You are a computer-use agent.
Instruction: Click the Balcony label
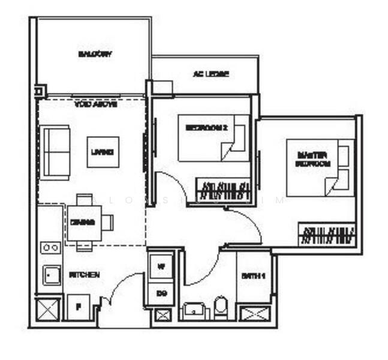95,54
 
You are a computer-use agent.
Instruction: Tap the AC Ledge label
210,74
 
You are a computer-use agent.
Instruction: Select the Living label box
103,152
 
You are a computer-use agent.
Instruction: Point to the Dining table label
83,222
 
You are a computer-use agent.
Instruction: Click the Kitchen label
84,274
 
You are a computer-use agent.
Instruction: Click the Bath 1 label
254,276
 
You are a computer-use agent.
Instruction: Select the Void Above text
95,104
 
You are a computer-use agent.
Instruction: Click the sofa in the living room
56,152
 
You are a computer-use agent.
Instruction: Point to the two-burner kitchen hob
50,247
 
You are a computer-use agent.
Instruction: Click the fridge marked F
78,306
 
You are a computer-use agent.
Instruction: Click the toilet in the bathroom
220,308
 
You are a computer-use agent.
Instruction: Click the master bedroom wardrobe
327,234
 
